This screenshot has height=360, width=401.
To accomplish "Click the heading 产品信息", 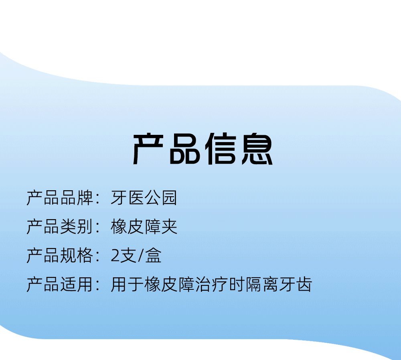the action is click(x=203, y=149).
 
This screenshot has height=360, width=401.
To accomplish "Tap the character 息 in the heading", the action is click(x=257, y=149).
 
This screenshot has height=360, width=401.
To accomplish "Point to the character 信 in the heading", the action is click(x=221, y=149).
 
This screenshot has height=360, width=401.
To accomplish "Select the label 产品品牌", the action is click(x=60, y=198).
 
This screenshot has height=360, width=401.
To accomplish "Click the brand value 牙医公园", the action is click(x=144, y=198).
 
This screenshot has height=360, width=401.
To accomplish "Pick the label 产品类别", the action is click(x=60, y=227).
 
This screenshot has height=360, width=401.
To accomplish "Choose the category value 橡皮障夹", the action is click(x=144, y=227).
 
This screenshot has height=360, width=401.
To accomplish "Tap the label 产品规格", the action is click(x=60, y=256).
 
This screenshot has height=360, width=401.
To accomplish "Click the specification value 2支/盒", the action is click(x=136, y=256).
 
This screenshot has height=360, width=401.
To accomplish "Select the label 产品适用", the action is click(x=60, y=285).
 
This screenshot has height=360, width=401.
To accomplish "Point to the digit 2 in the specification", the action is click(x=115, y=256).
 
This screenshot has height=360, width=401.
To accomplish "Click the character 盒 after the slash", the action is click(x=154, y=256).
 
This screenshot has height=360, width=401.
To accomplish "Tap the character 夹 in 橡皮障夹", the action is click(x=169, y=227).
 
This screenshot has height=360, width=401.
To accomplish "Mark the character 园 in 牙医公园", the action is click(x=169, y=198).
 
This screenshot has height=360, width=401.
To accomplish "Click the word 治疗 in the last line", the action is click(x=211, y=285).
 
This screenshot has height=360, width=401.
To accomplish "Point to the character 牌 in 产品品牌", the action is click(x=85, y=198).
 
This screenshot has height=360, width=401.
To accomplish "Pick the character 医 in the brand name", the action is click(x=136, y=198).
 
